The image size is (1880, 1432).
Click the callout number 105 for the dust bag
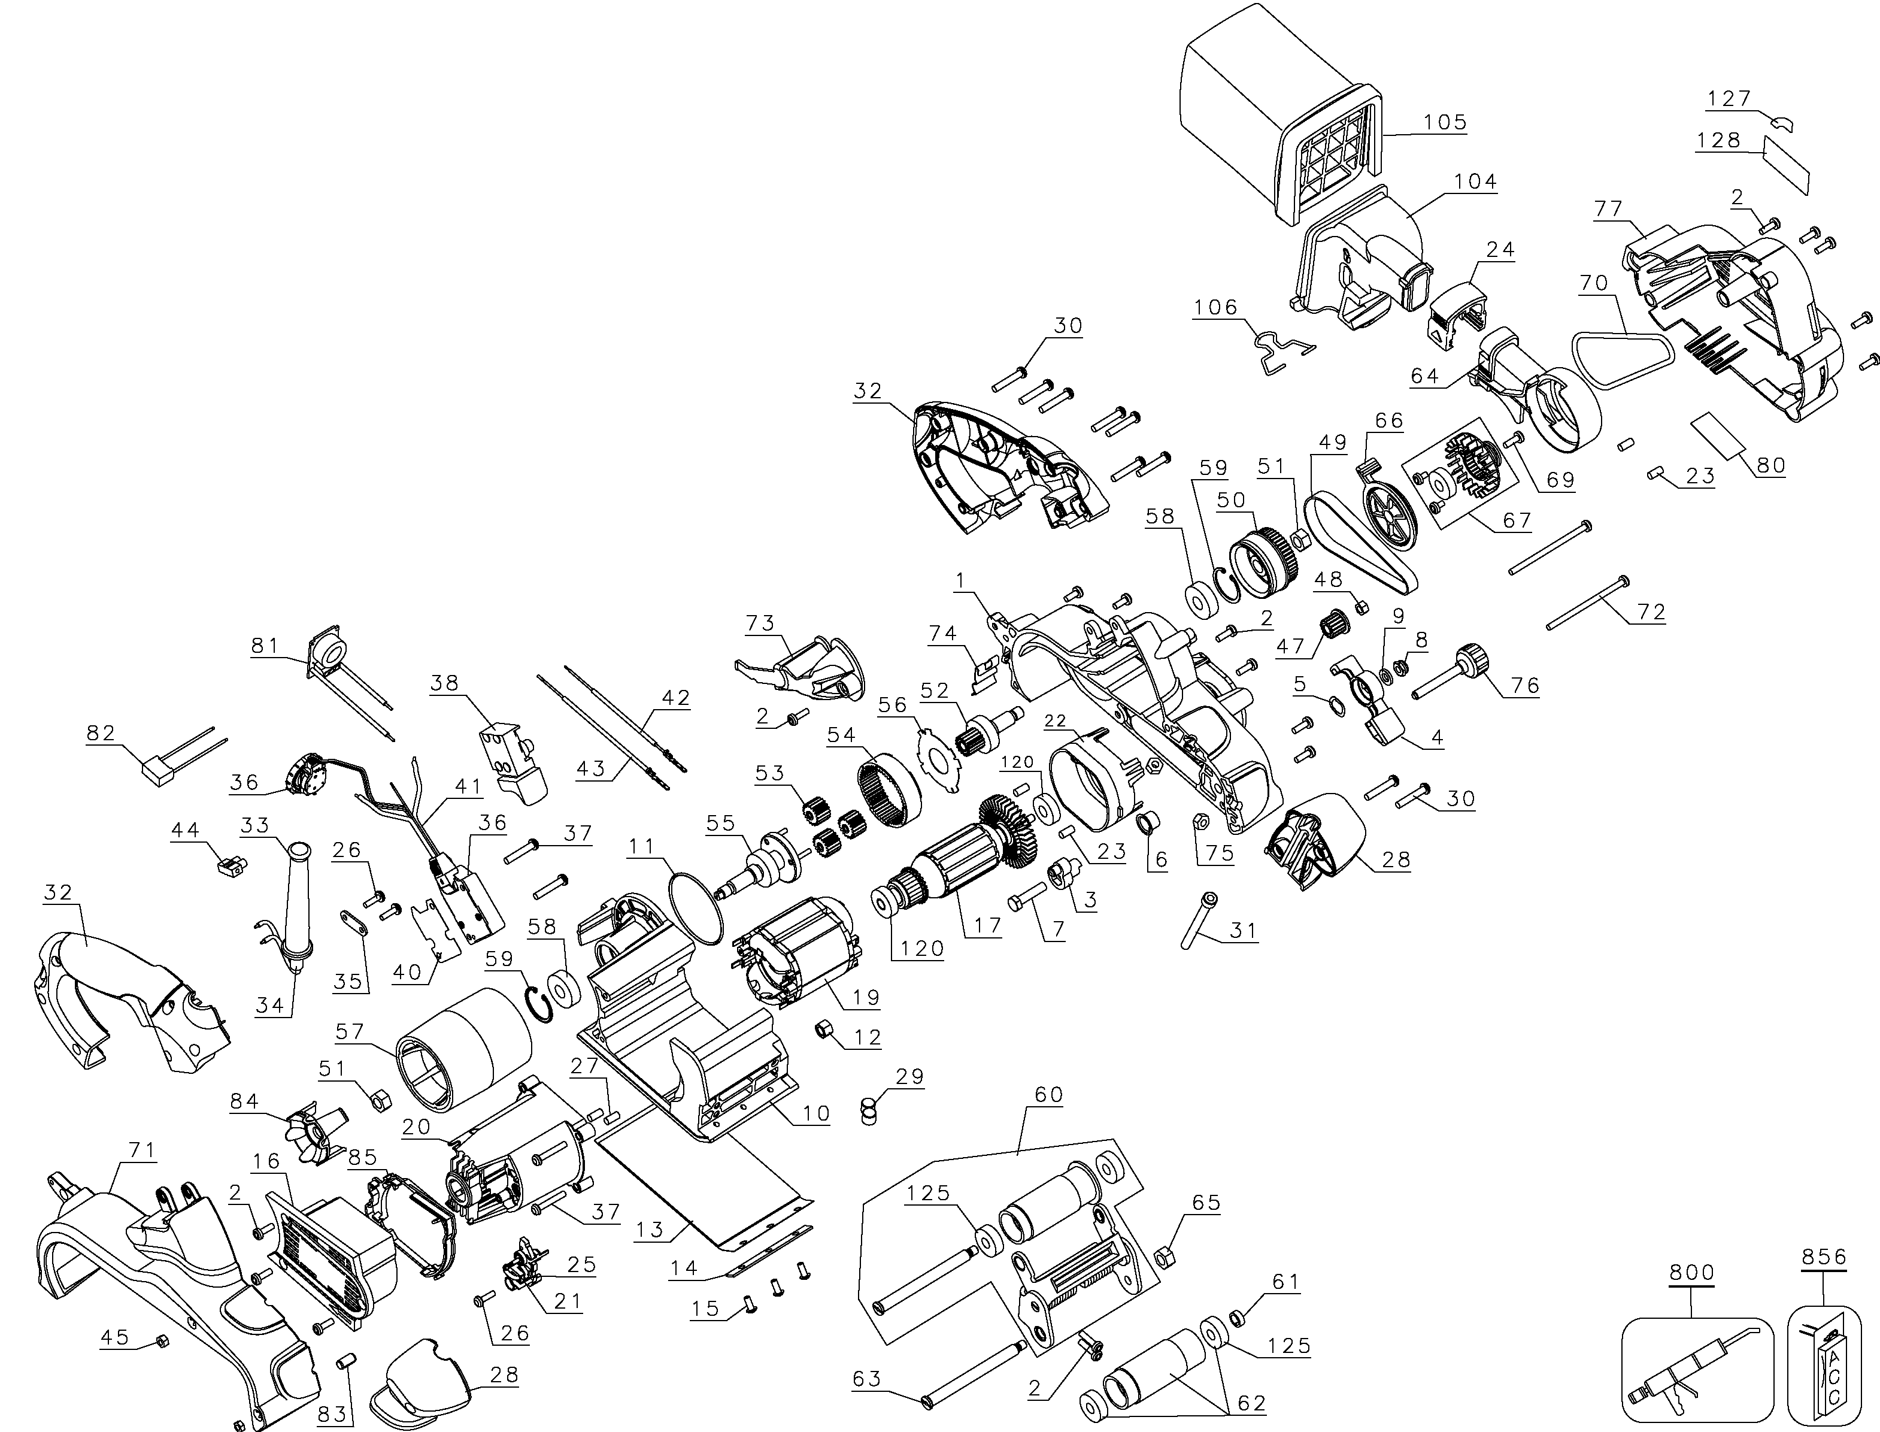(1445, 122)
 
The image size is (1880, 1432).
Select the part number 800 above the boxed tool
(1691, 1273)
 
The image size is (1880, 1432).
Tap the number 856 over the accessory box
(1824, 1257)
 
